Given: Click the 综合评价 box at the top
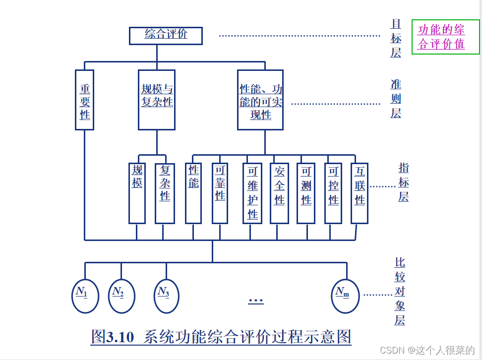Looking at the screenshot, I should [x=166, y=35].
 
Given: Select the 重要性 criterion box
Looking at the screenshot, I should [x=85, y=100].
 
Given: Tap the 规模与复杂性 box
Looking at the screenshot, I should [x=157, y=100].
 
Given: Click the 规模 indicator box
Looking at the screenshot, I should [x=137, y=193].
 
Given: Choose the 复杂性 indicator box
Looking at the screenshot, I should [x=165, y=193].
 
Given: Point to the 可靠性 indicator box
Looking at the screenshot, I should [x=220, y=193].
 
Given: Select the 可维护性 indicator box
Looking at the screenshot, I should [x=252, y=193].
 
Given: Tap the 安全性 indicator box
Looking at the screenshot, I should [x=279, y=193].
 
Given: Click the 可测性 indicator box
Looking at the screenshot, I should [x=306, y=193].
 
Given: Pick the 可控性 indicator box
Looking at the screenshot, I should [x=333, y=193].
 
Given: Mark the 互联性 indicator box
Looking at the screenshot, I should [x=360, y=193].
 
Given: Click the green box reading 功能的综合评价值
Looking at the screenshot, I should [x=445, y=37].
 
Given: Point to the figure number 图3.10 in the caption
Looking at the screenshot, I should [x=113, y=337].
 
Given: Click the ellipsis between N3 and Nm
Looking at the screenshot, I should [x=256, y=300].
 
